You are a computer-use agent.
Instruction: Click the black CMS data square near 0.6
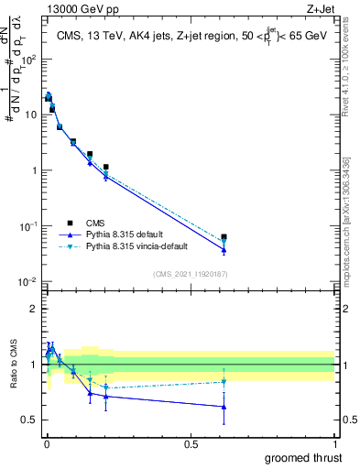coord(224,237)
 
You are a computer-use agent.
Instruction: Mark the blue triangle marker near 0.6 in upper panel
coord(224,250)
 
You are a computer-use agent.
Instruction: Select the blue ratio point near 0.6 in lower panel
coord(224,407)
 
